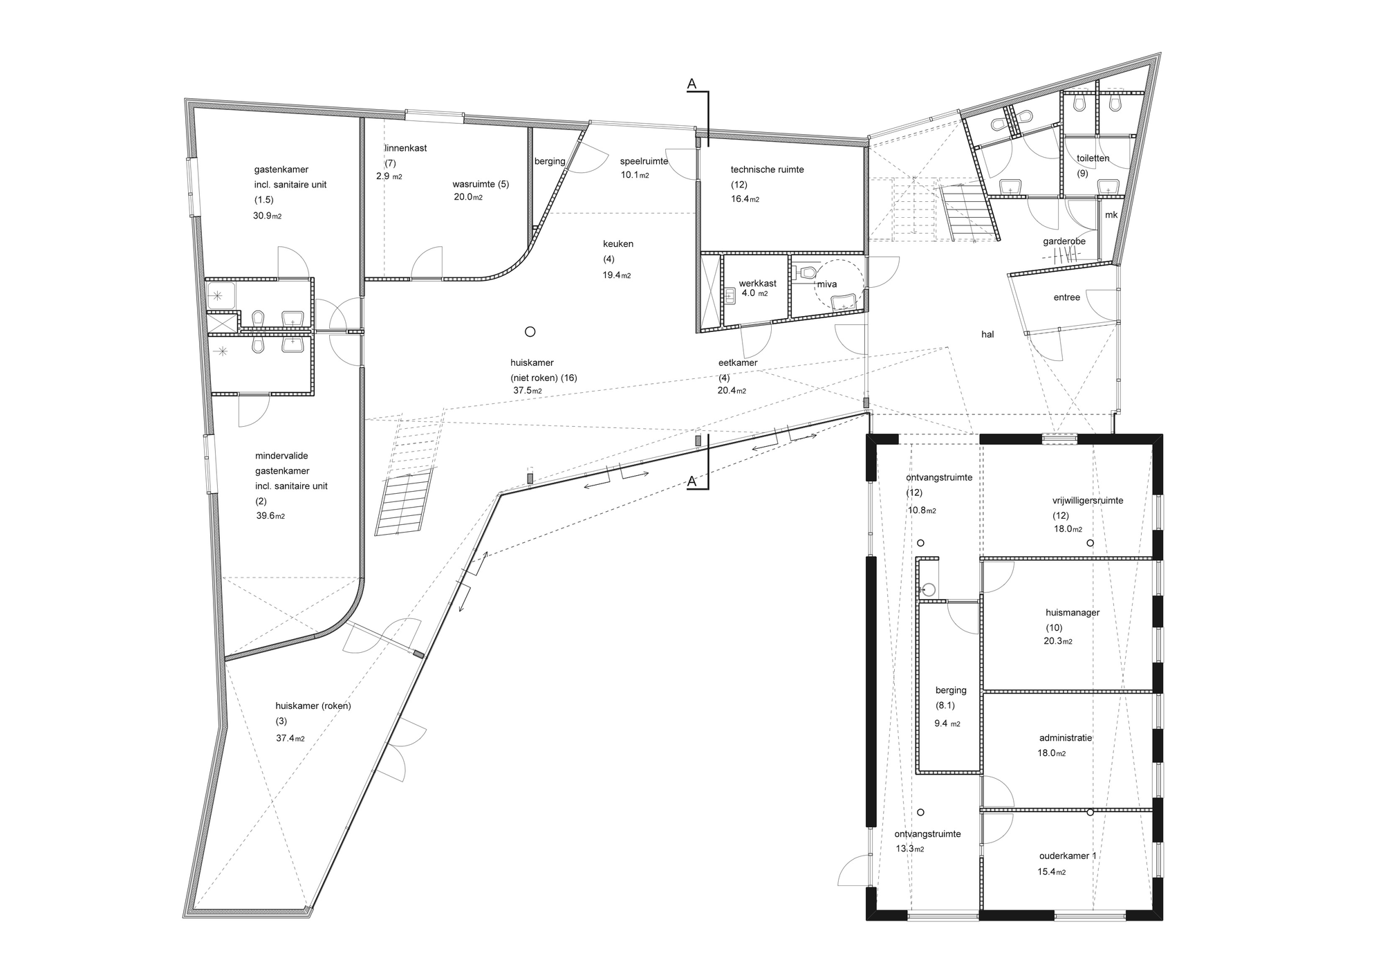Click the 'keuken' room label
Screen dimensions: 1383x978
click(x=618, y=243)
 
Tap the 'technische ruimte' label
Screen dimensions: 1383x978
click(x=767, y=169)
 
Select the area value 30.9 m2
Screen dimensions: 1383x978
click(x=267, y=216)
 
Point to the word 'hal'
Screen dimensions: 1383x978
click(x=987, y=334)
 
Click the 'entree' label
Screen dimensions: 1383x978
click(x=1066, y=297)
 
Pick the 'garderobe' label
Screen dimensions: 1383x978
click(x=1064, y=241)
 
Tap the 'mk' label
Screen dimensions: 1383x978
click(x=1111, y=215)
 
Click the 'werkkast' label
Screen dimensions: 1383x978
click(x=757, y=283)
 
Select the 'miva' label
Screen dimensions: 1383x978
click(x=827, y=284)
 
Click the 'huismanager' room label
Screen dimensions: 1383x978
click(x=1073, y=612)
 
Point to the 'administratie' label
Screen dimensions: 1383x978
click(x=1065, y=737)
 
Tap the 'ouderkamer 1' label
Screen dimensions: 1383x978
click(x=1068, y=856)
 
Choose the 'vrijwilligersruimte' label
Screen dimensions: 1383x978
click(x=1088, y=500)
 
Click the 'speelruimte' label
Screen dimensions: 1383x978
click(x=644, y=161)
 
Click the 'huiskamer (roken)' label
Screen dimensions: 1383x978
click(x=313, y=706)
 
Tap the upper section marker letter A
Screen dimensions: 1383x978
click(x=691, y=84)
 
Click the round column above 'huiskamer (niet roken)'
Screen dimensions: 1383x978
click(x=530, y=332)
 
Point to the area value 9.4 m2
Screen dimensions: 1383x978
click(x=947, y=723)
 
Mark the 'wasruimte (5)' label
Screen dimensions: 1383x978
click(x=481, y=184)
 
